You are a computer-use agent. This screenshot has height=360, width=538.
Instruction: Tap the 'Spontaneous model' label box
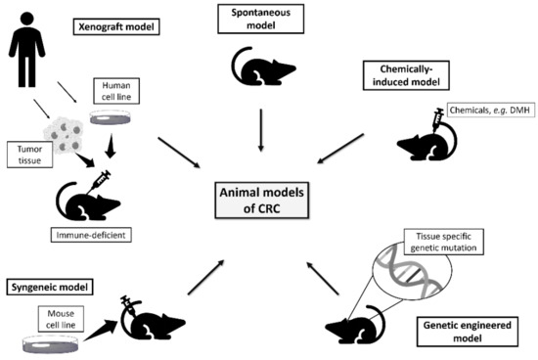[261, 20]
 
